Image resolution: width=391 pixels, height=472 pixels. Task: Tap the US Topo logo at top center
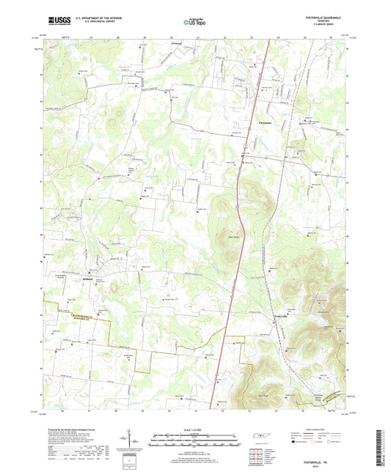click(195, 21)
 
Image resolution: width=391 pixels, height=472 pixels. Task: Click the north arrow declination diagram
click(134, 440)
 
